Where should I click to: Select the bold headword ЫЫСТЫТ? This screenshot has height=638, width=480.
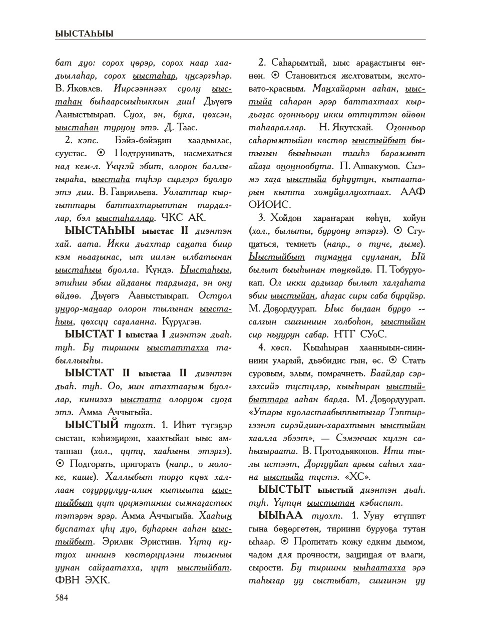pos(284,489)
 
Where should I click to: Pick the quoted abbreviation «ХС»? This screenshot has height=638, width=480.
pos(361,477)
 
